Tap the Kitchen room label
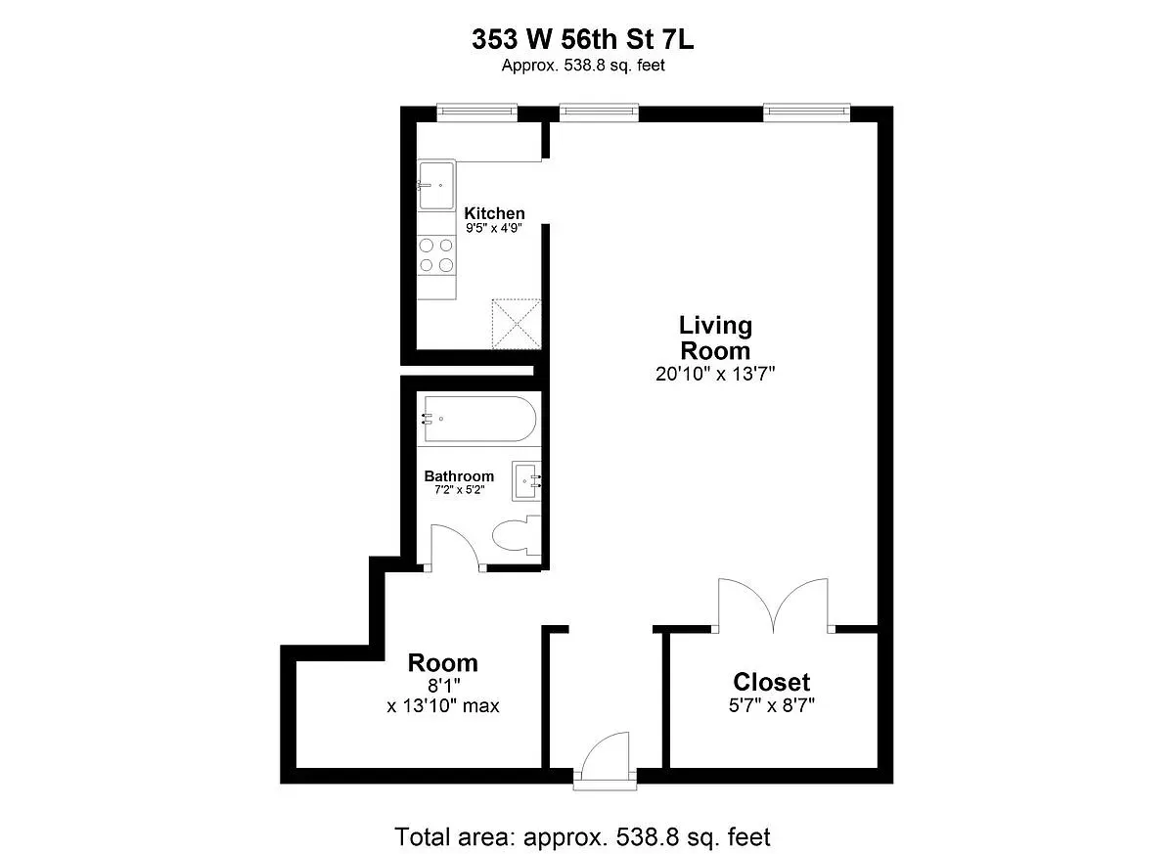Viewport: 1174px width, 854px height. tap(494, 213)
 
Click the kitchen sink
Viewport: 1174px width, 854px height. tap(436, 184)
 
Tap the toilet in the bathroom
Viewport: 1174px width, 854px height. tap(516, 536)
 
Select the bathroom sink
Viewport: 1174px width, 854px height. tap(529, 480)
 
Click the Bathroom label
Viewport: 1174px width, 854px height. tap(459, 476)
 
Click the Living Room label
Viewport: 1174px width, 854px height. tap(715, 337)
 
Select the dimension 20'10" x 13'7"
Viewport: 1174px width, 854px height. tap(715, 373)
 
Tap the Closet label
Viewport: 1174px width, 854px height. tap(772, 682)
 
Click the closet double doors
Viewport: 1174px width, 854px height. tap(773, 605)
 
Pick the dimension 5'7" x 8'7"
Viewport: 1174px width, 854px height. tap(772, 704)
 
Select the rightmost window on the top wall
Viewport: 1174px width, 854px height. tap(806, 112)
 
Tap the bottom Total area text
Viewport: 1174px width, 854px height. tap(583, 837)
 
